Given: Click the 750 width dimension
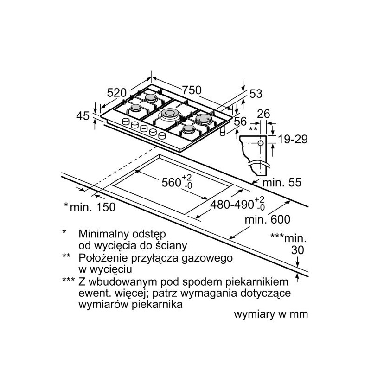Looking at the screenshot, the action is (192, 90).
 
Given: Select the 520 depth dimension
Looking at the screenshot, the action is (117, 92).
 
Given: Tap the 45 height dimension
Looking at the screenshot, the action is (83, 116).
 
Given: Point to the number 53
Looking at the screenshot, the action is (256, 94).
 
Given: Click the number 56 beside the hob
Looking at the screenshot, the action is (240, 122).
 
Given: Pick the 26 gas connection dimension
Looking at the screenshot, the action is (263, 114).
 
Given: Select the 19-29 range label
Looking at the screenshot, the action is (293, 139).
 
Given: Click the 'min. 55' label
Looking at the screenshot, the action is (282, 182).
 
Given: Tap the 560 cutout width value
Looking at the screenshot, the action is (171, 182).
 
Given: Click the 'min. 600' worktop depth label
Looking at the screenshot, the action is (268, 219).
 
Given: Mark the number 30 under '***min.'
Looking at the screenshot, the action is (298, 250).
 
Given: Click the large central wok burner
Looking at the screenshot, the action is (169, 113).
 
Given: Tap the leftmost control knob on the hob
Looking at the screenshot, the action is (126, 122).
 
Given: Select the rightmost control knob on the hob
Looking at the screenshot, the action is (162, 135).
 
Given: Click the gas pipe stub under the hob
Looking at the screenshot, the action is (223, 132).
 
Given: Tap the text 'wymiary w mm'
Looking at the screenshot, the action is (271, 314).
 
